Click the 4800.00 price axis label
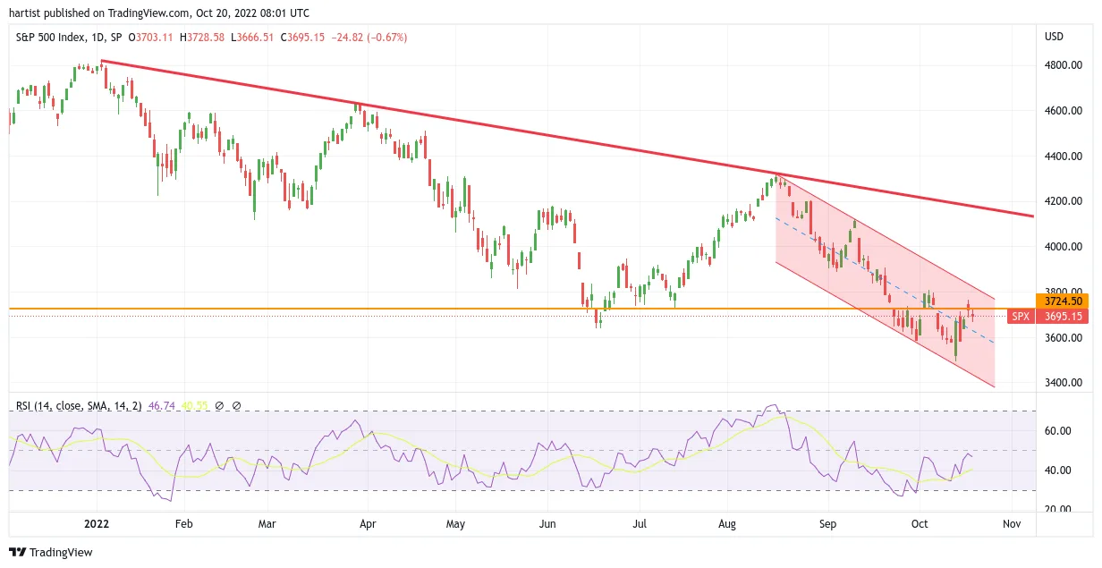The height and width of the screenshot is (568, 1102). (1064, 65)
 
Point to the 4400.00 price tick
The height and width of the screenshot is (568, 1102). (1064, 156)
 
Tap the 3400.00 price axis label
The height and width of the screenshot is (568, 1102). (1064, 382)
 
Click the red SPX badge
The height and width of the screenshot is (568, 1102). (1021, 317)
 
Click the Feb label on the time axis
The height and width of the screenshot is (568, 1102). (184, 524)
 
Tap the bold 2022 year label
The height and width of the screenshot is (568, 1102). (97, 524)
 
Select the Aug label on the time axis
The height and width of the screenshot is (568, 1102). (727, 524)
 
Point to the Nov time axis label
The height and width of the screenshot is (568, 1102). (1012, 524)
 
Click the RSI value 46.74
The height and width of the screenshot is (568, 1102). (161, 406)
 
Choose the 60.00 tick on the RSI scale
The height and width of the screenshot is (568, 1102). (1057, 431)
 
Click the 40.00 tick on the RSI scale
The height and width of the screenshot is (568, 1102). (1057, 471)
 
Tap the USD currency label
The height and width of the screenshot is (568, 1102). (1054, 37)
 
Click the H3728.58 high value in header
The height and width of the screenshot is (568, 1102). (202, 38)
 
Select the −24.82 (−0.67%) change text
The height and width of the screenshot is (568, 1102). (369, 38)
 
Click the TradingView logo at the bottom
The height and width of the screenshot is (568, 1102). (51, 552)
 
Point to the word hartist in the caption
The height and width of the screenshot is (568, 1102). (25, 13)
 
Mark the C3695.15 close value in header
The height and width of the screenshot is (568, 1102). (302, 38)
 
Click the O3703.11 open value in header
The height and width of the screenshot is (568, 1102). (150, 38)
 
